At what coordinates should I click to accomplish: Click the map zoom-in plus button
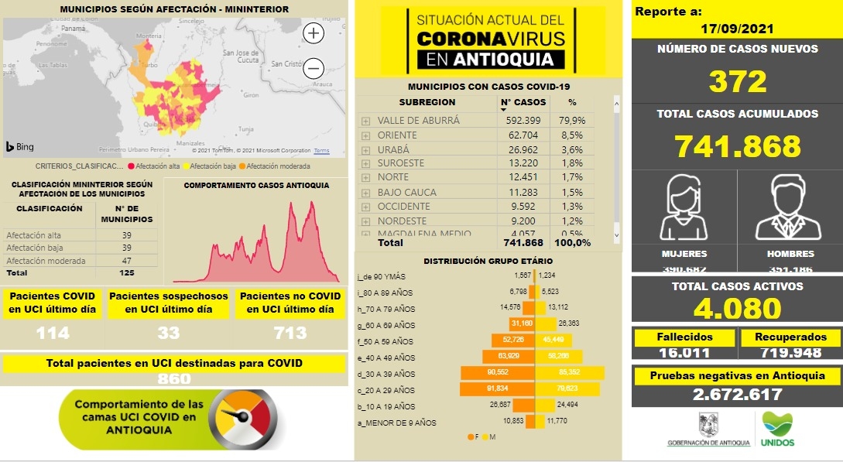click(314, 33)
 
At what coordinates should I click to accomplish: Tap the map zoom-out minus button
click(314, 68)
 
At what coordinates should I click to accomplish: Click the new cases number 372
click(737, 81)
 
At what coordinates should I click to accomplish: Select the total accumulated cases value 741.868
click(737, 146)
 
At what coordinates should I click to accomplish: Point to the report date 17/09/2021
click(736, 29)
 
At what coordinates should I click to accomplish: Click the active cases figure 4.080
click(737, 309)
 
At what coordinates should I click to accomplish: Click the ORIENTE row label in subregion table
click(397, 135)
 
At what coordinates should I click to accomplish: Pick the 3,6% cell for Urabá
click(571, 149)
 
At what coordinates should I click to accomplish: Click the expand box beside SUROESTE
click(365, 164)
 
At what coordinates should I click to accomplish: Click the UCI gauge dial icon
click(244, 419)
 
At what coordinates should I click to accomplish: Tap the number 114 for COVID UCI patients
click(53, 334)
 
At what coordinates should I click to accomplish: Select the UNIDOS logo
click(777, 429)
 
